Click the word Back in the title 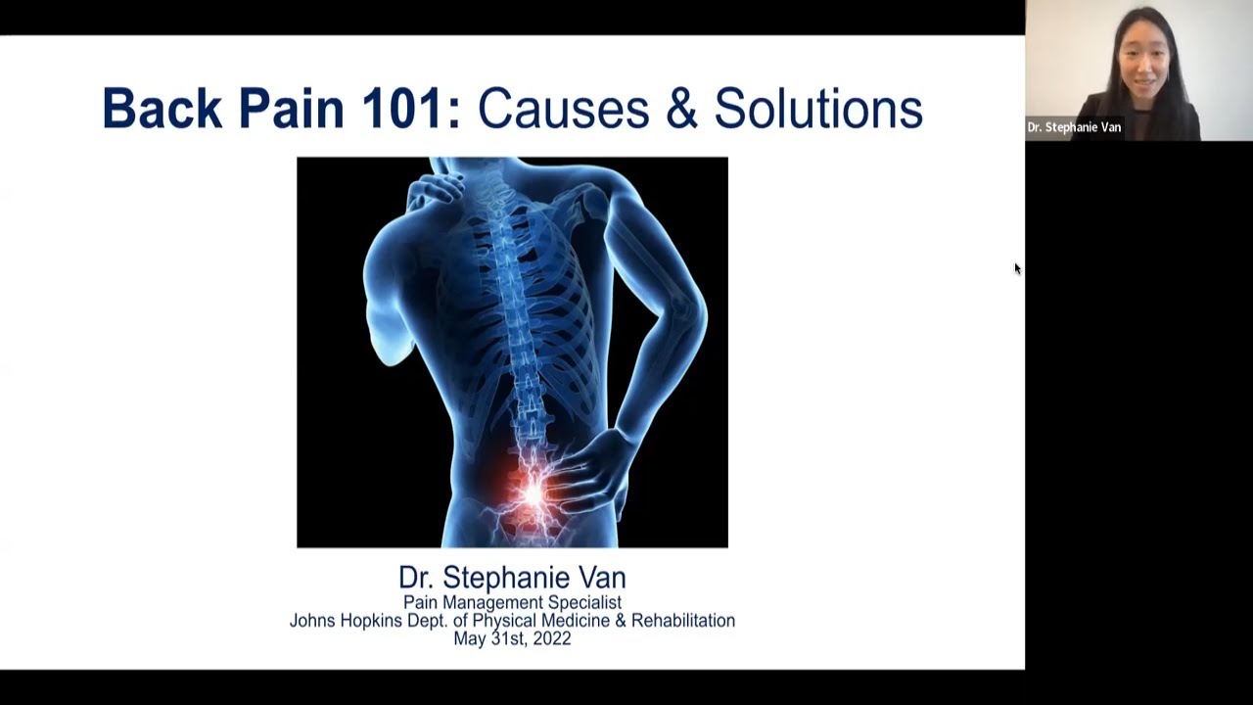coord(162,108)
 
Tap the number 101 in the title coord(402,108)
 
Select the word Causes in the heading coord(564,108)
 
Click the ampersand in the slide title coord(682,108)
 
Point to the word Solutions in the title coord(818,108)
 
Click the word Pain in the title coord(292,108)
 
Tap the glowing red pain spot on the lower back coord(532,493)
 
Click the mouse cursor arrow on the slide coord(1017,269)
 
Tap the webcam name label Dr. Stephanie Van coord(1074,127)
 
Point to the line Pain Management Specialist coord(512,602)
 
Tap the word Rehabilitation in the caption coord(683,621)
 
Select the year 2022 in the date coord(552,638)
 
